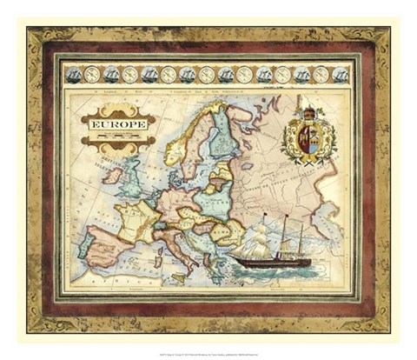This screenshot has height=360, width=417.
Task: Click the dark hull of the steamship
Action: pyautogui.click(x=272, y=261)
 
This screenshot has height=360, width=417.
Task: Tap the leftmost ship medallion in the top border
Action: pyautogui.click(x=73, y=75)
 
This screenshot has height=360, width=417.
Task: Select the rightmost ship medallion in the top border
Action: pyautogui.click(x=340, y=75)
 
